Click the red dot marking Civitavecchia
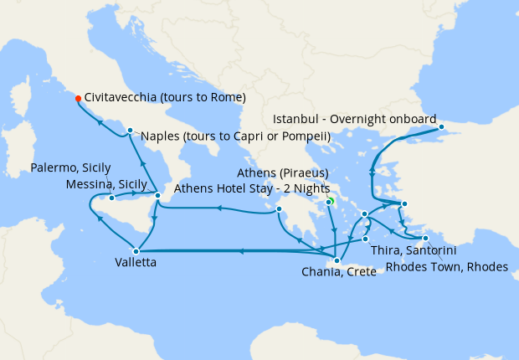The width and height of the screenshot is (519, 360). (78, 98)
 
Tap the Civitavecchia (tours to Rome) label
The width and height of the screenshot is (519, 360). (165, 97)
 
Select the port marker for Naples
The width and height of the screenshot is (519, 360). (130, 130)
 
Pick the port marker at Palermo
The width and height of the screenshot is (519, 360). (111, 198)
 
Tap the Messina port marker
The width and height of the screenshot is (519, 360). (158, 196)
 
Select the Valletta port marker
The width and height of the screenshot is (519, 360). (136, 249)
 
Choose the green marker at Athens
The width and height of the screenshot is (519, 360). (330, 201)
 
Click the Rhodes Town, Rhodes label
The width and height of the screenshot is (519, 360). (447, 267)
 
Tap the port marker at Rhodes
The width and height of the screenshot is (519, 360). (426, 239)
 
